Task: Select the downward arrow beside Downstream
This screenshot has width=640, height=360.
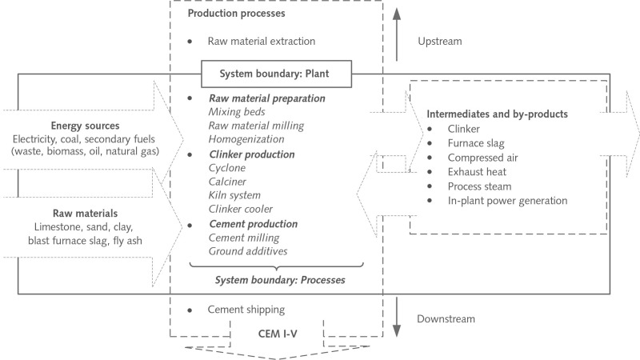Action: (398, 318)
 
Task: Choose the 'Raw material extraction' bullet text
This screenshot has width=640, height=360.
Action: (262, 41)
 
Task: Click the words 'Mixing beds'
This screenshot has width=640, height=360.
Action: (237, 112)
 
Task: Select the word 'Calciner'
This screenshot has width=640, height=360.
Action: (229, 182)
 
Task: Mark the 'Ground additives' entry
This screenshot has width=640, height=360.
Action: (250, 251)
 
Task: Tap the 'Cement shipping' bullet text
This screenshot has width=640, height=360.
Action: (246, 310)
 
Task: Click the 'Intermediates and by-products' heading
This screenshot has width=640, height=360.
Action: (498, 114)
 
